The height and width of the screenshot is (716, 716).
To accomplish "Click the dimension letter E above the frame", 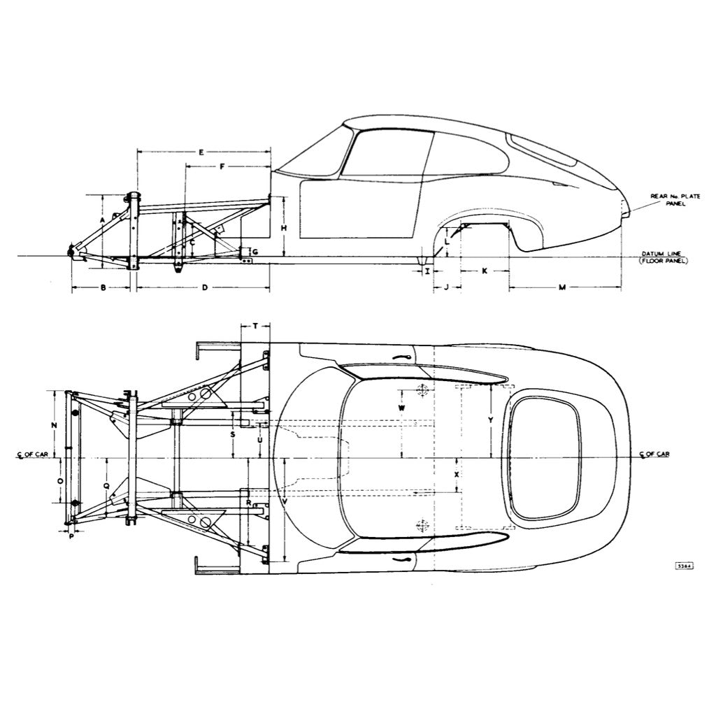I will click(201, 152).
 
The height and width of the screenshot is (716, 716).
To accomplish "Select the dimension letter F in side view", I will click(222, 167).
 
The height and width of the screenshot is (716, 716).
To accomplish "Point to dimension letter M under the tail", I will click(562, 287).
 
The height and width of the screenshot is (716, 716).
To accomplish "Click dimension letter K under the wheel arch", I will click(485, 271).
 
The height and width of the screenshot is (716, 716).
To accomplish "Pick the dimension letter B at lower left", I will click(102, 287).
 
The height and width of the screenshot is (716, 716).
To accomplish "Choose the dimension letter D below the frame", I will click(204, 287).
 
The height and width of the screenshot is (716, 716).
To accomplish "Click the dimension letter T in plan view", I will click(256, 326).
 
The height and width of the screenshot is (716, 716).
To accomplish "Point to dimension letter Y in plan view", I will click(491, 420).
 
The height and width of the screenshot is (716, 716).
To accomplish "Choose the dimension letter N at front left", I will click(54, 425).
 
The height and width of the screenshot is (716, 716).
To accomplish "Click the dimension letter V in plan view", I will click(285, 501).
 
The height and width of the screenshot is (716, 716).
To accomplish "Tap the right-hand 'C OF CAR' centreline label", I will click(655, 454).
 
